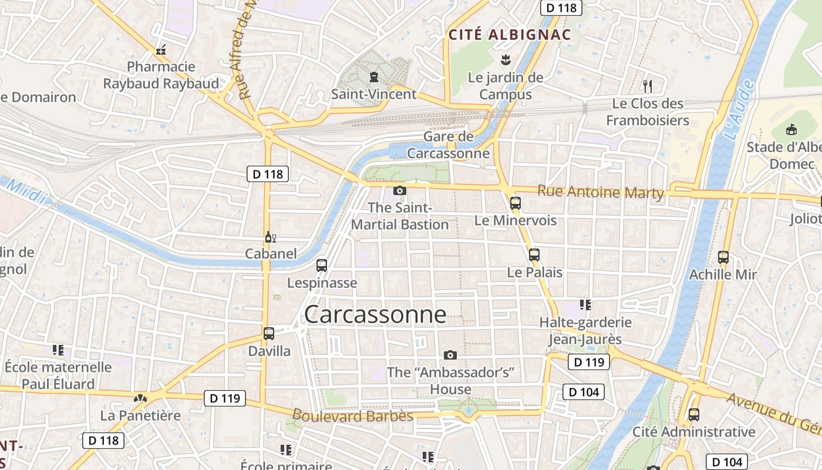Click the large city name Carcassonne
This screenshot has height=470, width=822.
pyautogui.click(x=375, y=315)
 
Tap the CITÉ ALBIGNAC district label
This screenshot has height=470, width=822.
pyautogui.click(x=510, y=35)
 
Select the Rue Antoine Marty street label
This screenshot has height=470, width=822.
pyautogui.click(x=601, y=192)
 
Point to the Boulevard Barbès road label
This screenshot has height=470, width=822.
pyautogui.click(x=352, y=415)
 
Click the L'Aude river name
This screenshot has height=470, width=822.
pyautogui.click(x=739, y=110)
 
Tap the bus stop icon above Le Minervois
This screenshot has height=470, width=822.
pyautogui.click(x=516, y=203)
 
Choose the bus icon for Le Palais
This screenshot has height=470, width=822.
pyautogui.click(x=534, y=255)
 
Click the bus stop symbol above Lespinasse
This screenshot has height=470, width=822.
pyautogui.click(x=322, y=265)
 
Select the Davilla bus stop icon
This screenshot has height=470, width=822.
pyautogui.click(x=269, y=333)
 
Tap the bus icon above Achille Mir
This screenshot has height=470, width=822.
pyautogui.click(x=723, y=257)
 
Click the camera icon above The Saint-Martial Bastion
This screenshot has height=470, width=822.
pyautogui.click(x=399, y=190)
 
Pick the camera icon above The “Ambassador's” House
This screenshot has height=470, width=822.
pyautogui.click(x=450, y=355)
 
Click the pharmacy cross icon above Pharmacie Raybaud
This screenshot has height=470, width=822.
pyautogui.click(x=161, y=50)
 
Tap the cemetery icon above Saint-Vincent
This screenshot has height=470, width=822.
pyautogui.click(x=373, y=76)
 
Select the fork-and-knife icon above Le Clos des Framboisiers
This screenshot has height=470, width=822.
pyautogui.click(x=648, y=86)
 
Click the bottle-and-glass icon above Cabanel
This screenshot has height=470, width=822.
pyautogui.click(x=270, y=237)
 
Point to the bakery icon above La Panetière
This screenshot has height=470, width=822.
pyautogui.click(x=140, y=398)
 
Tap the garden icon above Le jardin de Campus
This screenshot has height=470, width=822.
pyautogui.click(x=505, y=59)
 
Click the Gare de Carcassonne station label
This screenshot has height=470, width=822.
pyautogui.click(x=448, y=145)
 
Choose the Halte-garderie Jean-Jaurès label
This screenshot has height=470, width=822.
pyautogui.click(x=585, y=331)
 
